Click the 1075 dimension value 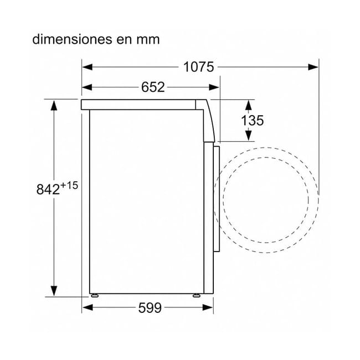(199, 67)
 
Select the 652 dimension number (153, 88)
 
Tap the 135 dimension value (253, 120)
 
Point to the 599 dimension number (150, 307)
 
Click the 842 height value (48, 189)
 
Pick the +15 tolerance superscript (69, 186)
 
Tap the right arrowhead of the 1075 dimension (313, 67)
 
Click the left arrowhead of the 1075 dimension (88, 67)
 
